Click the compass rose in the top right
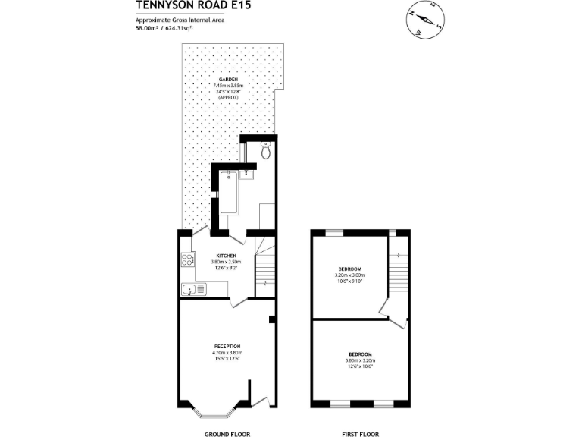(426, 20)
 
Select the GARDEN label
(228, 80)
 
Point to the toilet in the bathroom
(265, 151)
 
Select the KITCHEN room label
(227, 256)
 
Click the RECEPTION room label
(227, 346)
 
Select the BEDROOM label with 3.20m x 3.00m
(349, 269)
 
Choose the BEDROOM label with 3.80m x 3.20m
(360, 354)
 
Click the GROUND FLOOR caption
(227, 435)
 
